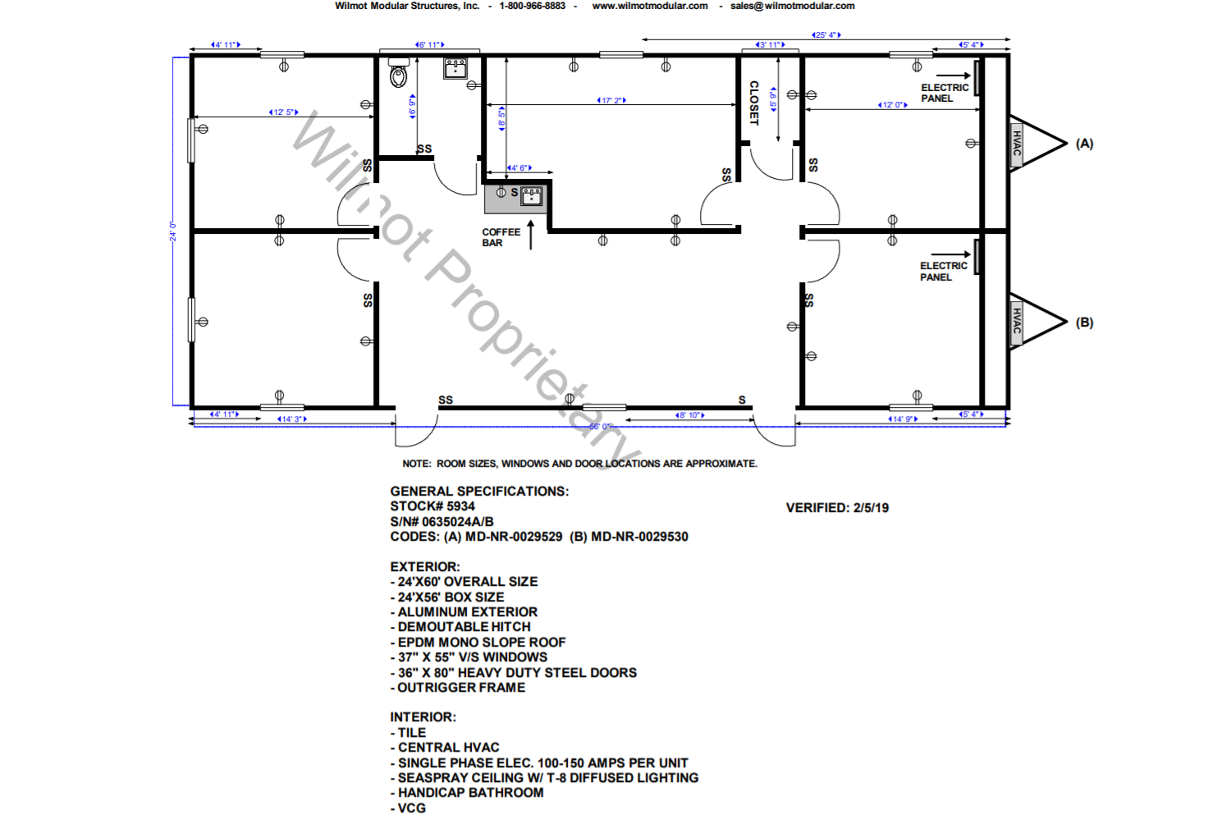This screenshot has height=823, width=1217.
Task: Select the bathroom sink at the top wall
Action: pos(455,67)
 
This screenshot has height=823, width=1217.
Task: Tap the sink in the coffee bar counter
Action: pos(532,196)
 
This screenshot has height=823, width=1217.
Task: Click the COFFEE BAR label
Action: pos(501,237)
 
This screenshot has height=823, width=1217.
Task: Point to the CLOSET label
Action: pos(753,103)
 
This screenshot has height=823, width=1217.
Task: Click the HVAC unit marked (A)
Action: pos(1016,144)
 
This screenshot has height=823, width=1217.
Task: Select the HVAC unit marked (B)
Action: pos(1016,322)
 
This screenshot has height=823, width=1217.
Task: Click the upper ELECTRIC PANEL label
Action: pos(944,93)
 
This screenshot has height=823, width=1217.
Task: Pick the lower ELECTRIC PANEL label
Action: pos(943,272)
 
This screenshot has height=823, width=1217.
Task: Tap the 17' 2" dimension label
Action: pos(611,101)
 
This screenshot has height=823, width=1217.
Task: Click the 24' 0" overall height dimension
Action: pos(173,231)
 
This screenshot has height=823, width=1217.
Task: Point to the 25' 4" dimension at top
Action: pos(826,35)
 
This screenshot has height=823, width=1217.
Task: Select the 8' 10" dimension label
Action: pos(689,415)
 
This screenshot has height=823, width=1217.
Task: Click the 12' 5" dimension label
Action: pos(283,112)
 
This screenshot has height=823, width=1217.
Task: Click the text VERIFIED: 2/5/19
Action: pos(837,508)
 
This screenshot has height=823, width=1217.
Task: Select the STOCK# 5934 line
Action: pos(432,506)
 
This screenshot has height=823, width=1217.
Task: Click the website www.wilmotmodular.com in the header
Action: pos(649,6)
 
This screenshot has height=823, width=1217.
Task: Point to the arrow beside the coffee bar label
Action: pos(531,235)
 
